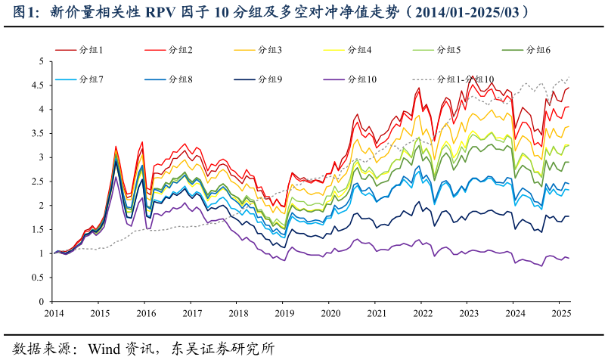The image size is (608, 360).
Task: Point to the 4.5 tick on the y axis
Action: point(37,85)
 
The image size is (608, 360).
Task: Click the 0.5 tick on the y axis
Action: point(37,278)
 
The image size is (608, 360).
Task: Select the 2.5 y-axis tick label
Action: point(37,182)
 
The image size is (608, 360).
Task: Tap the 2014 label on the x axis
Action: point(54,313)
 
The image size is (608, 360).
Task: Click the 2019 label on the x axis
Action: point(284,313)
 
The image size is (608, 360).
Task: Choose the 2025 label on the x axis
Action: point(560,313)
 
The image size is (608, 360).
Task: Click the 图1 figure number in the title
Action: point(26,13)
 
